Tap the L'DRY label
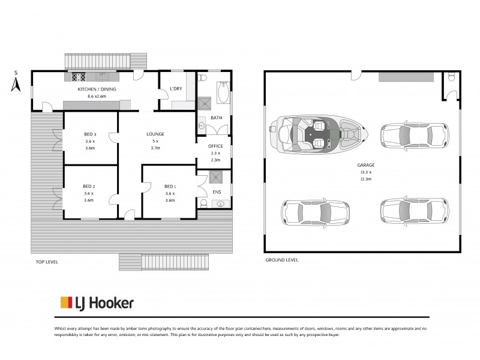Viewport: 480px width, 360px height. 176,89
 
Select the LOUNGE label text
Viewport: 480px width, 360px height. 155,134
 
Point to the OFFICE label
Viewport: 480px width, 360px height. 215,146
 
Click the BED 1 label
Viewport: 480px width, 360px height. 170,186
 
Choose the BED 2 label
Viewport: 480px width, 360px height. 89,186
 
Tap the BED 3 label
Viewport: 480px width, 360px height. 91,134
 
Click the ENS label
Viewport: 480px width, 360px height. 217,192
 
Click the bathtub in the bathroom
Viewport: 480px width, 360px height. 223,93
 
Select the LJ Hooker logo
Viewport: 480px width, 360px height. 96,303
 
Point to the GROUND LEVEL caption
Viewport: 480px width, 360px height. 281,260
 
